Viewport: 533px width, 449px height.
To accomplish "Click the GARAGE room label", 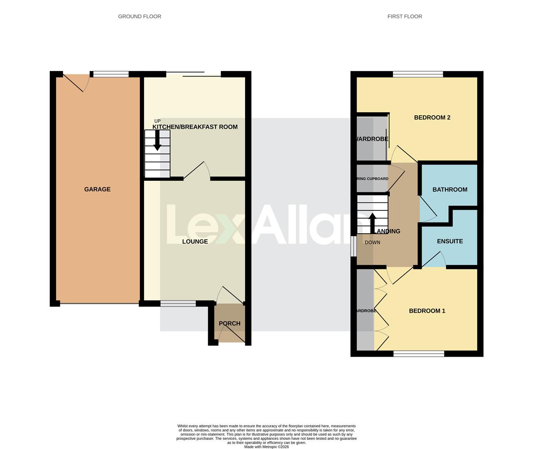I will pos(97,189).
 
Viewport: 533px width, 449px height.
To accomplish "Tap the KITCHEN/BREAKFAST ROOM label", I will pos(195,127).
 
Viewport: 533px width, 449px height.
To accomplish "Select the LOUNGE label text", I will pos(195,242).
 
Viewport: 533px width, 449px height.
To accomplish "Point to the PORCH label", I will pos(229,323).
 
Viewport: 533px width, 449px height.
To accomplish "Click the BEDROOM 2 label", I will pos(432,118).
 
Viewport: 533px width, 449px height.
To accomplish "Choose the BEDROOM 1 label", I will pos(427,311).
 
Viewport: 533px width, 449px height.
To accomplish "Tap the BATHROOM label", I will pos(450,190).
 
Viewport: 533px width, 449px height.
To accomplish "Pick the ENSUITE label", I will pos(450,241).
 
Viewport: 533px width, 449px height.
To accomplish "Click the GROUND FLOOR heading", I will pos(140,17).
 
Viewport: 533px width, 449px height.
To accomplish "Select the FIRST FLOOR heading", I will pos(405,17).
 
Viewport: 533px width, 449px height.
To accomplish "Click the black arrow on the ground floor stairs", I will pos(157,141).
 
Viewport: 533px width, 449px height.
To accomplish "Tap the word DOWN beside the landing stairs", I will pos(372,242).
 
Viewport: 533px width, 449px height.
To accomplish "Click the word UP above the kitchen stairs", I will pos(157,121).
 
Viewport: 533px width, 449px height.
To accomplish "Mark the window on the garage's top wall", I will pos(111,74).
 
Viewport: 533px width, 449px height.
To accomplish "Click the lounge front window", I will pos(178,303).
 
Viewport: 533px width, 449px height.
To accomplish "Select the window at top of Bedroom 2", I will pos(418,74).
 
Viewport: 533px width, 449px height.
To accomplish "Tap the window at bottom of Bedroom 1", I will pos(419,354).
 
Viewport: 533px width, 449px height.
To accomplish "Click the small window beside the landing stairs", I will pos(354,247).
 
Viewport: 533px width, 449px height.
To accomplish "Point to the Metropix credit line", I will pos(266,447).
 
